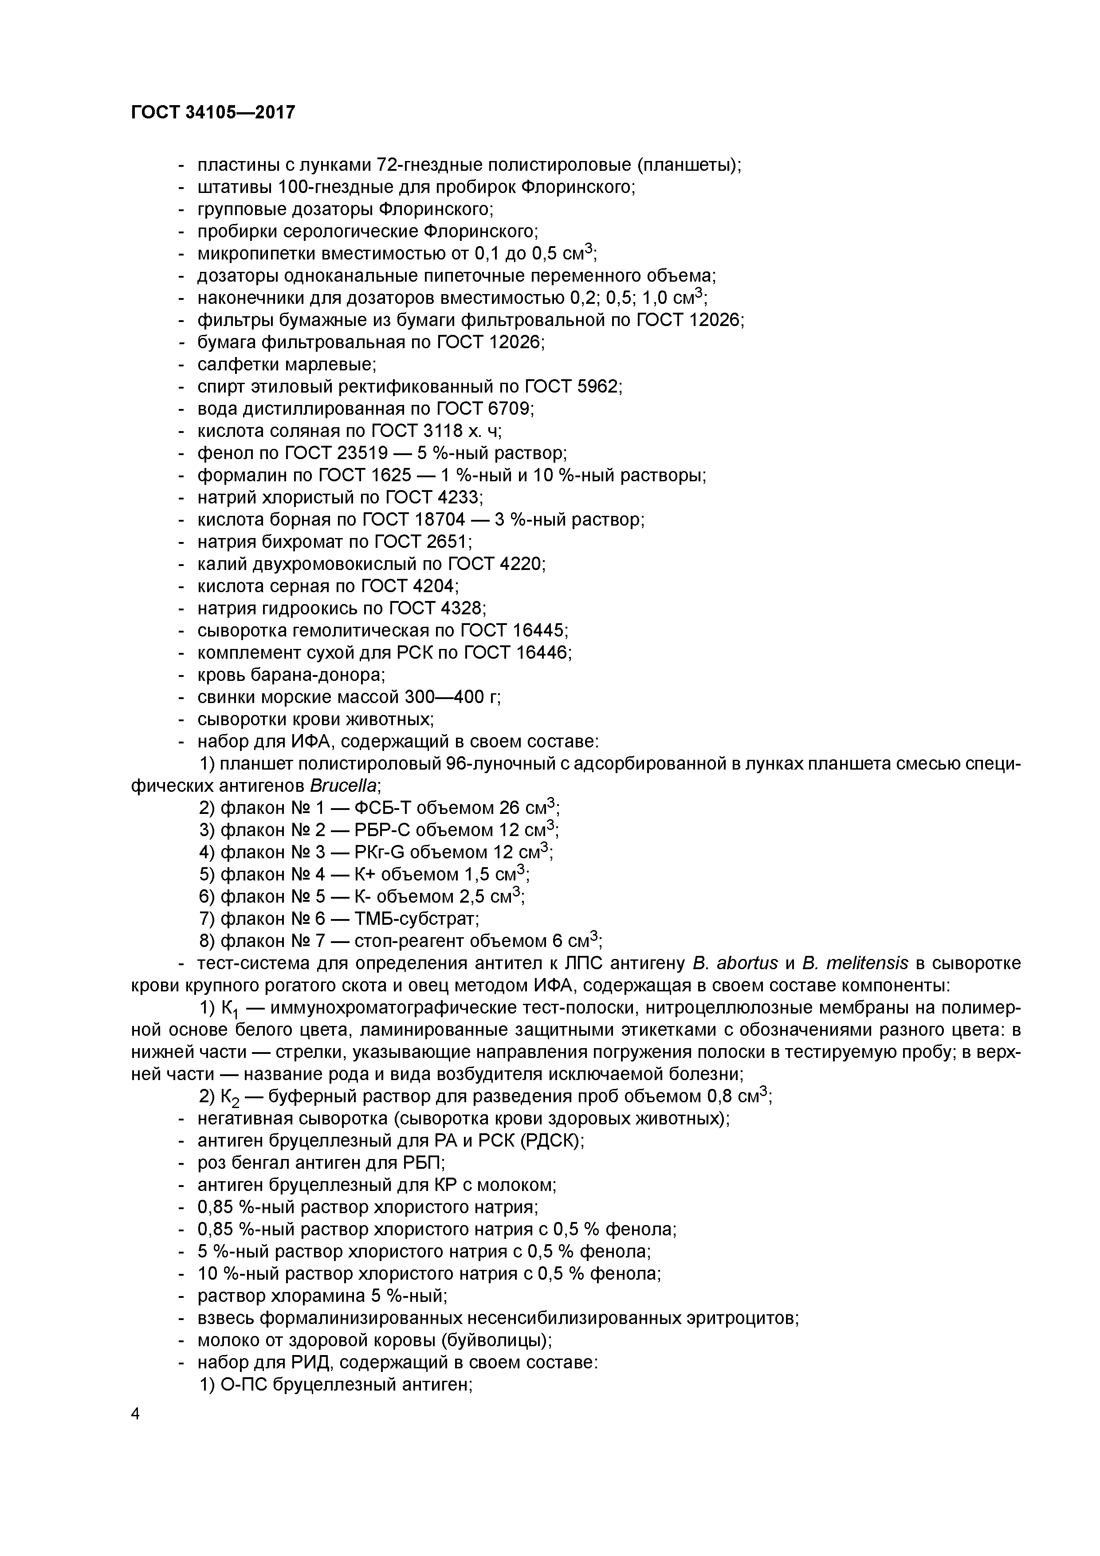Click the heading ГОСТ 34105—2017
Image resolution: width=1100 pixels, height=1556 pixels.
point(213,112)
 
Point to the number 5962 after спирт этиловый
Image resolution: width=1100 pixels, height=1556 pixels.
point(598,386)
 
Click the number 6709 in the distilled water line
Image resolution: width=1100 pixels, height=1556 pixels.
point(511,409)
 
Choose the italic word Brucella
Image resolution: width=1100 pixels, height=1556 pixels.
point(344,786)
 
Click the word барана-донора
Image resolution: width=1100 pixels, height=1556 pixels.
point(318,675)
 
